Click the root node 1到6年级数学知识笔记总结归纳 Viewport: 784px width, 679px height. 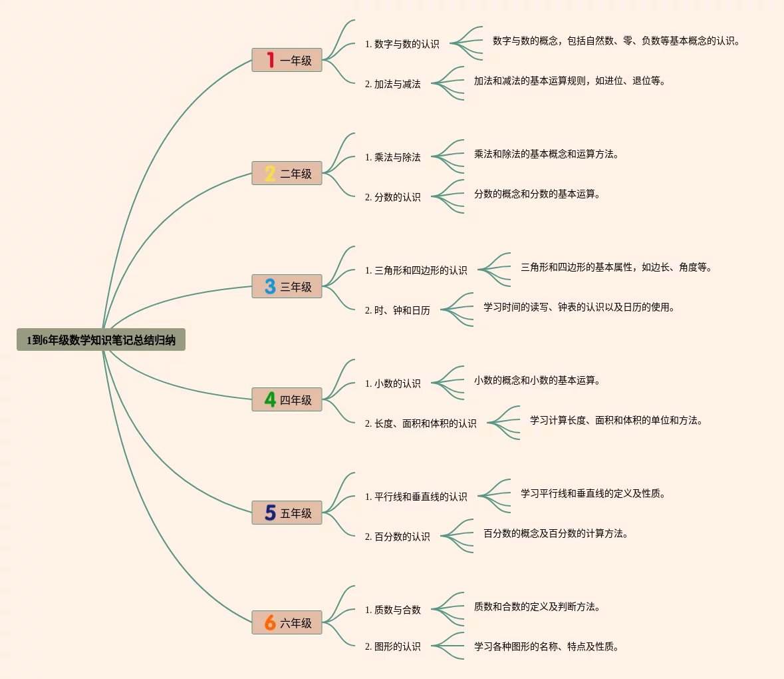pyautogui.click(x=101, y=340)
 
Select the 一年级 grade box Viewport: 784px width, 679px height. pyautogui.click(x=287, y=60)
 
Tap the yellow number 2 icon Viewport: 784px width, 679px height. pyautogui.click(x=270, y=173)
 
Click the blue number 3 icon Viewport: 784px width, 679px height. pyautogui.click(x=270, y=286)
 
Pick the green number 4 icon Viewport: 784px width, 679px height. pyautogui.click(x=270, y=399)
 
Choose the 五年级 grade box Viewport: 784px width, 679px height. pyautogui.click(x=287, y=513)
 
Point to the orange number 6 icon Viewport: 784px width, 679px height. pyautogui.click(x=270, y=622)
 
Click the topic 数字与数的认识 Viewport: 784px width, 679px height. pyautogui.click(x=402, y=44)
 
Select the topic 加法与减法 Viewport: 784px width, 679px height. pyautogui.click(x=392, y=84)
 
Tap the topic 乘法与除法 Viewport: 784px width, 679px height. pyautogui.click(x=392, y=157)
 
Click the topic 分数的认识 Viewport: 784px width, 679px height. pyautogui.click(x=392, y=197)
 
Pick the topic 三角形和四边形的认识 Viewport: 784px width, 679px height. pyautogui.click(x=416, y=270)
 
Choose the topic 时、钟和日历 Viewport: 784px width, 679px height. pyautogui.click(x=397, y=310)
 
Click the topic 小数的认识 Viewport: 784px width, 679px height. pyautogui.click(x=392, y=383)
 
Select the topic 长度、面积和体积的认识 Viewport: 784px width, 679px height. pyautogui.click(x=420, y=423)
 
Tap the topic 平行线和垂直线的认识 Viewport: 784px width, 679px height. pyautogui.click(x=416, y=497)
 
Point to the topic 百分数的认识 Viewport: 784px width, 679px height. pyautogui.click(x=397, y=537)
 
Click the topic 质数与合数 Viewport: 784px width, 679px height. pyautogui.click(x=392, y=610)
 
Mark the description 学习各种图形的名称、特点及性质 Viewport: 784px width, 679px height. pyautogui.click(x=546, y=646)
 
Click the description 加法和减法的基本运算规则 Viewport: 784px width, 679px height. pyautogui.click(x=569, y=81)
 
